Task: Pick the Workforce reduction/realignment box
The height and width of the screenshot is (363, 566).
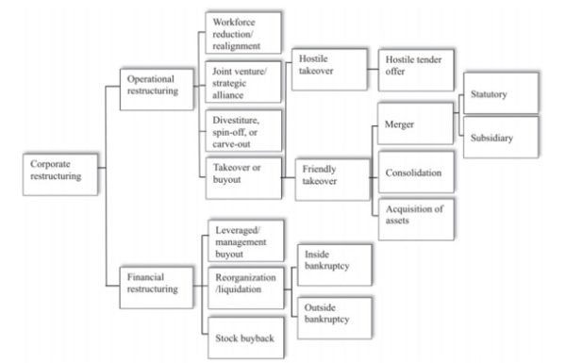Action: [242, 33]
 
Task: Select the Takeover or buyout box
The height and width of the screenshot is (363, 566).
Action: [242, 175]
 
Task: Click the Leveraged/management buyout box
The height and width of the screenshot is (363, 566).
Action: [243, 241]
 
